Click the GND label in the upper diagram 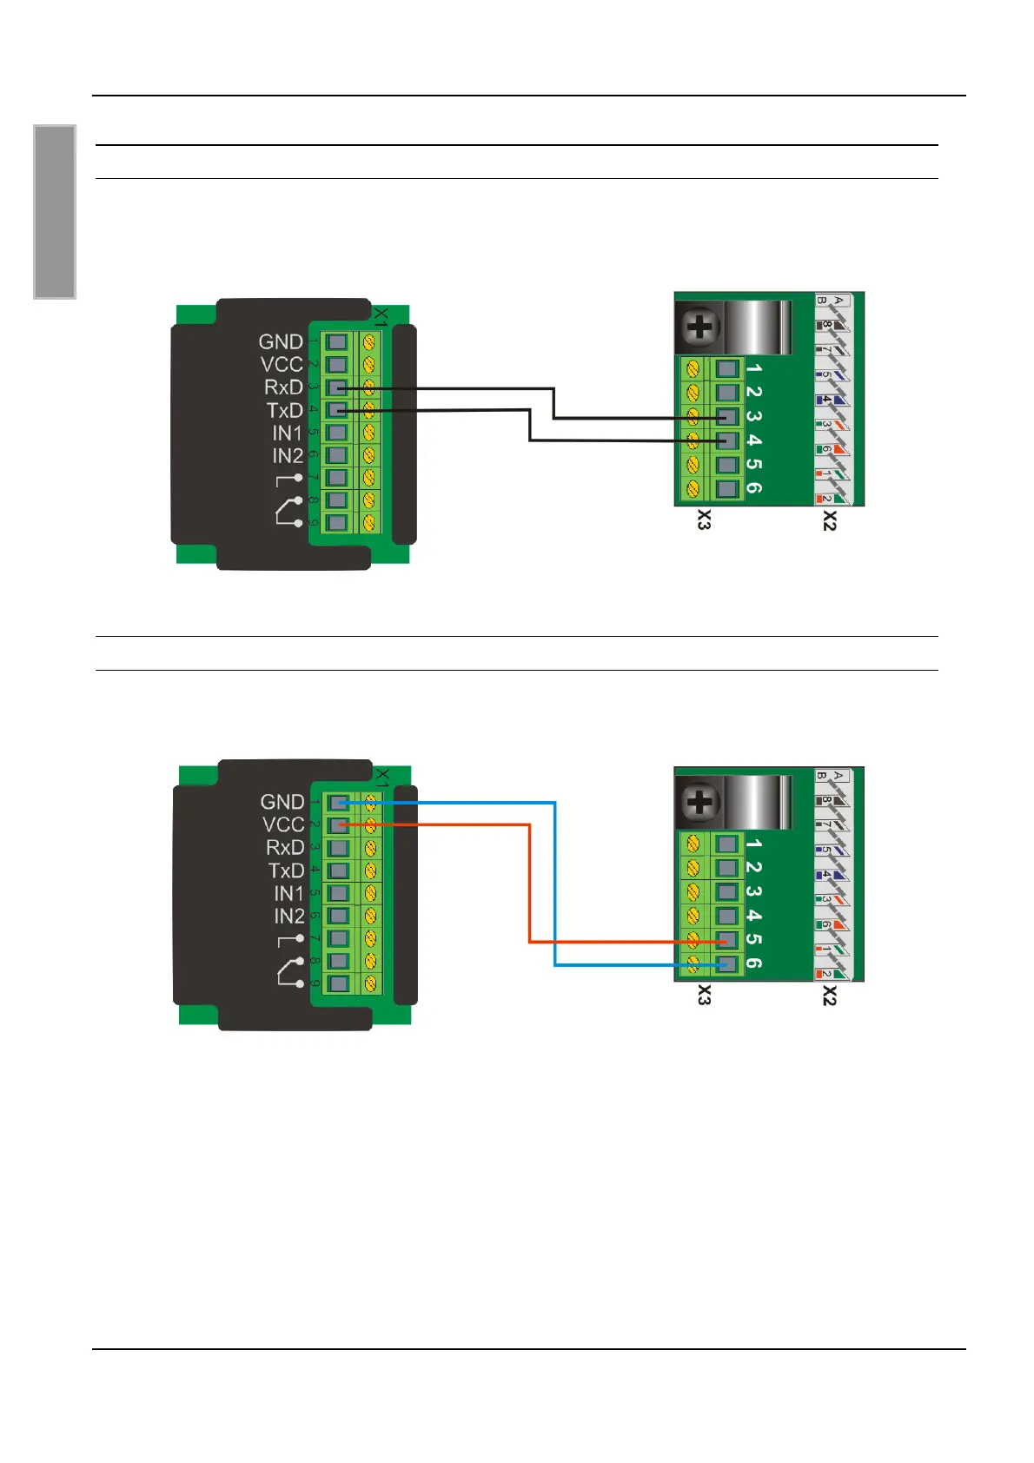tap(281, 341)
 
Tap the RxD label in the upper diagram tap(283, 387)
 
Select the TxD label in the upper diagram tap(284, 410)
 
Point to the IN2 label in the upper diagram tap(288, 455)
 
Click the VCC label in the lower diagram tap(283, 824)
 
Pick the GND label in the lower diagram tap(282, 802)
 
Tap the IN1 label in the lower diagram tap(289, 893)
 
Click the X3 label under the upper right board tap(704, 520)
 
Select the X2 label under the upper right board tap(830, 520)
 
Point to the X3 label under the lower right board tap(704, 996)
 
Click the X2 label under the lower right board tap(830, 996)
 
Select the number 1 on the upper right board tap(753, 368)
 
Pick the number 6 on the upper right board tap(753, 488)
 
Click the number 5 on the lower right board tap(753, 939)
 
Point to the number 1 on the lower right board tap(753, 844)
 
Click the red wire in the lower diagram tap(530, 886)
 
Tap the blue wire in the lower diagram tap(555, 886)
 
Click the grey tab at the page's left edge tap(55, 212)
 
